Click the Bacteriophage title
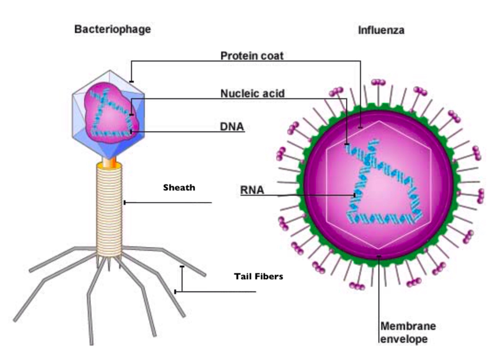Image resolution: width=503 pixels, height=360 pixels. [112, 29]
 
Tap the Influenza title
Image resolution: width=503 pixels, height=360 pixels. [381, 30]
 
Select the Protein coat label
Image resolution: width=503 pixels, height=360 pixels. [251, 55]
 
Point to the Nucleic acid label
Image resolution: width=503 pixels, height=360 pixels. [252, 93]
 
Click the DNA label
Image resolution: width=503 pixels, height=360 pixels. [231, 127]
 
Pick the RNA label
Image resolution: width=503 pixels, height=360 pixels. [252, 190]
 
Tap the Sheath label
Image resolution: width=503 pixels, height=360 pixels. [179, 187]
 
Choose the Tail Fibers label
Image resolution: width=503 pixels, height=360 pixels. [258, 277]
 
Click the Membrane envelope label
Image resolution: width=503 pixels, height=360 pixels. [408, 332]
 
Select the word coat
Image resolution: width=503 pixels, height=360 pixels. [272, 55]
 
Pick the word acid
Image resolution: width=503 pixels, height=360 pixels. [274, 93]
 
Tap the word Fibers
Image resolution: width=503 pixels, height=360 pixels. [272, 277]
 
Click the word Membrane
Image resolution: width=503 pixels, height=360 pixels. [408, 326]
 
